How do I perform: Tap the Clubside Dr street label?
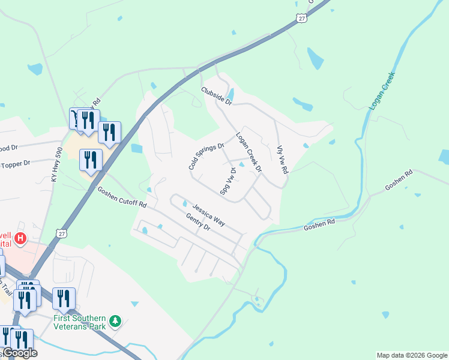tap(216, 95)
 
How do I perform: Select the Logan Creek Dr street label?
tap(249, 152)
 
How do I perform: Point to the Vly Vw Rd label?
tap(282, 160)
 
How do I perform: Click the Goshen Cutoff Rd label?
tap(122, 196)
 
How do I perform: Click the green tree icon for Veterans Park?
tap(115, 322)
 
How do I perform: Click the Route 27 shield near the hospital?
tap(61, 233)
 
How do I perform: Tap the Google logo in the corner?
tap(20, 353)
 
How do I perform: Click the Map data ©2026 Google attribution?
tap(412, 355)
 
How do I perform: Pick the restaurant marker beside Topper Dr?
tap(91, 160)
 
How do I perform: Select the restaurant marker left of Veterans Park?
tap(64, 298)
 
